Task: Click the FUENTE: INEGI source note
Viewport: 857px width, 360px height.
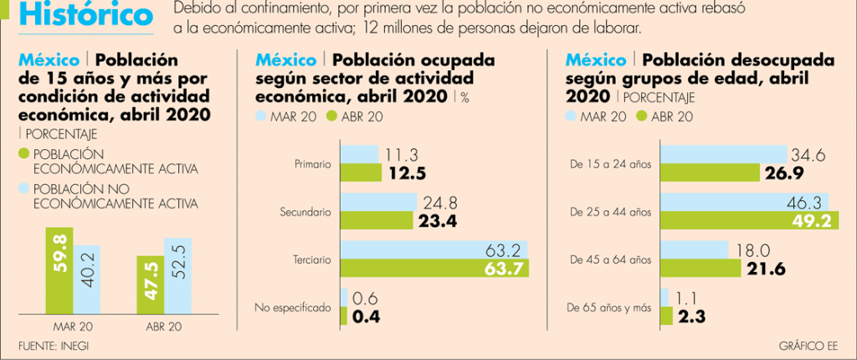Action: coord(53,345)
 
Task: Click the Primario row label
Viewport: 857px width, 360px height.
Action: coord(313,165)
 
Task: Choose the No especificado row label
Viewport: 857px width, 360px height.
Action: coord(293,308)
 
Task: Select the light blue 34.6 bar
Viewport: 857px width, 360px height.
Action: coord(725,155)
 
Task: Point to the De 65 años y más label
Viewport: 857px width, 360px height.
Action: coord(608,308)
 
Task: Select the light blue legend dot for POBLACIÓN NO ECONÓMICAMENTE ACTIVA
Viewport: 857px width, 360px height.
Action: coord(23,189)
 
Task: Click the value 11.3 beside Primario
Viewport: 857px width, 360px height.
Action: coord(404,155)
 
